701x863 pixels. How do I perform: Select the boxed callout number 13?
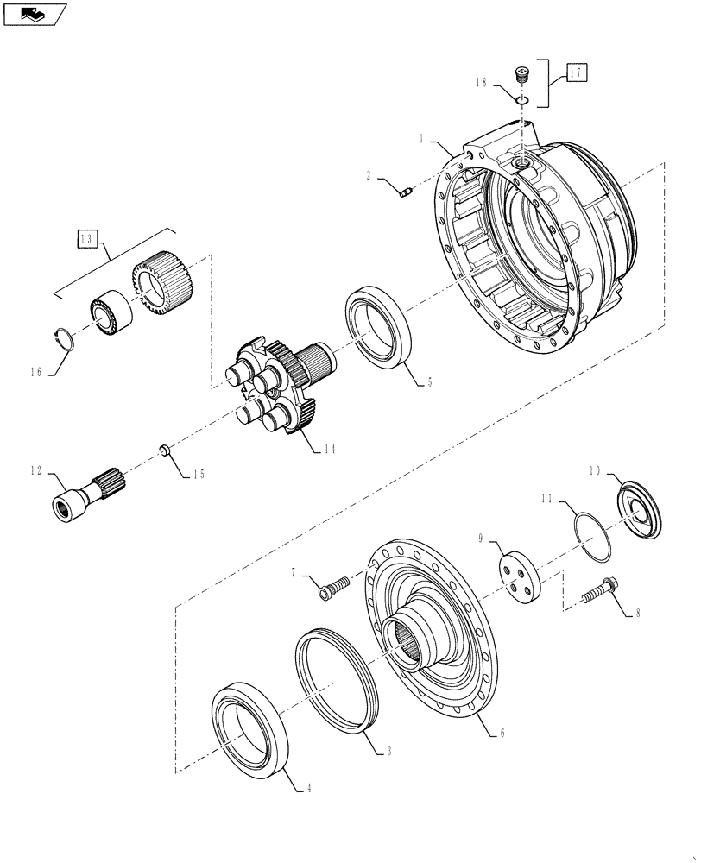(x=88, y=240)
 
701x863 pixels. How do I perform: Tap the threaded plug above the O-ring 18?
(x=521, y=76)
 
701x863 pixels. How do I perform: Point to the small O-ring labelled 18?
(x=521, y=99)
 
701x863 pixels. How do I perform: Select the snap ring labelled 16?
(x=65, y=337)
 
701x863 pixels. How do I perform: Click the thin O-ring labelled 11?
(x=594, y=539)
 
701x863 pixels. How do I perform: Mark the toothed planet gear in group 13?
(x=163, y=278)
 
